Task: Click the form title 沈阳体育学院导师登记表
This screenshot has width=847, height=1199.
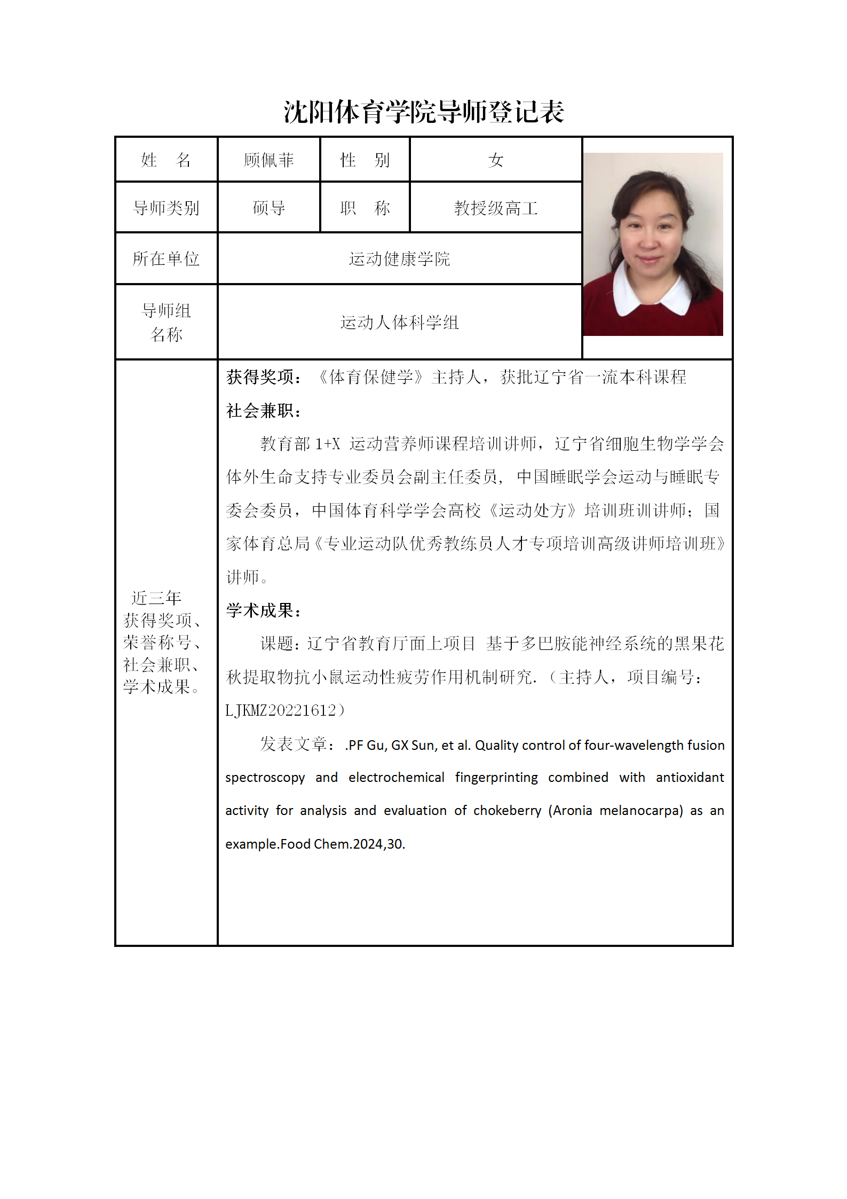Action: (x=424, y=112)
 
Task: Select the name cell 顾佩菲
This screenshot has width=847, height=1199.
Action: (x=268, y=160)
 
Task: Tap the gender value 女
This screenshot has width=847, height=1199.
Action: (x=495, y=160)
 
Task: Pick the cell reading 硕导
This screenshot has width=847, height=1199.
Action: (x=268, y=208)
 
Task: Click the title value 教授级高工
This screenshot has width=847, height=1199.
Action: (x=495, y=208)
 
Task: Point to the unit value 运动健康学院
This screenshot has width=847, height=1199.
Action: (x=399, y=259)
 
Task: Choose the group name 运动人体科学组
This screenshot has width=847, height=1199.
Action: (x=399, y=323)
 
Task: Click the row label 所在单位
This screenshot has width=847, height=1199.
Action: (x=166, y=259)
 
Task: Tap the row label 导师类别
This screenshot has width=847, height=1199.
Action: (x=166, y=208)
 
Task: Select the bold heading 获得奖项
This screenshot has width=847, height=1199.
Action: (x=263, y=377)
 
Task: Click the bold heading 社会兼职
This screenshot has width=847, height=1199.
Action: (x=263, y=411)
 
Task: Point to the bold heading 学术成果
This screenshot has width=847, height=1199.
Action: (x=263, y=610)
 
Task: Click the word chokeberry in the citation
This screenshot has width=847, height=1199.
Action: (x=507, y=811)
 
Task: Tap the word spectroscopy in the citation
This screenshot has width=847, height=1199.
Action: (x=265, y=778)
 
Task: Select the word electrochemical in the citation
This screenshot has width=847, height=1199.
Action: (x=396, y=778)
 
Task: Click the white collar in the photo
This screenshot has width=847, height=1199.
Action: (x=630, y=291)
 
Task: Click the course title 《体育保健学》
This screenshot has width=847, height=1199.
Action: (x=371, y=377)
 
